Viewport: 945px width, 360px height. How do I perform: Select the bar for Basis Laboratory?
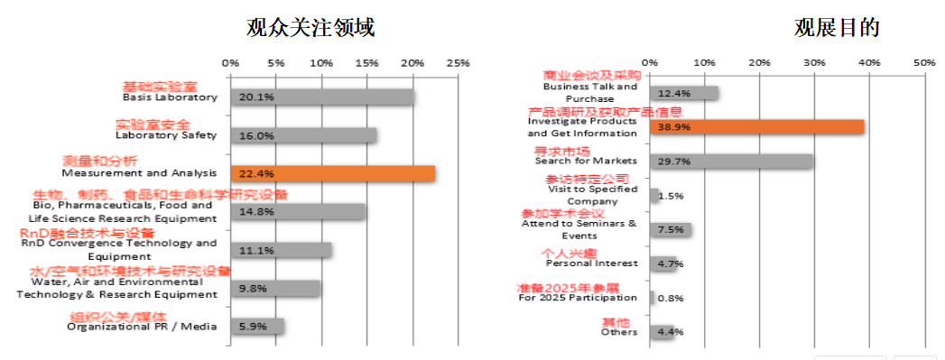(x=322, y=97)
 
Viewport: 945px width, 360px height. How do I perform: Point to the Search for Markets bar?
(x=731, y=162)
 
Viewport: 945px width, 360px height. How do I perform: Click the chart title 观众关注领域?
(x=310, y=28)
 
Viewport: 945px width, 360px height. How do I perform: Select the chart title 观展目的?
(x=837, y=28)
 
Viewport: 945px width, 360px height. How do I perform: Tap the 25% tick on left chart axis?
(x=459, y=64)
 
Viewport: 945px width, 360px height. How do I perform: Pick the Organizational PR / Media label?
(x=142, y=327)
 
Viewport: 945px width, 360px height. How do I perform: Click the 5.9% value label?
(x=253, y=327)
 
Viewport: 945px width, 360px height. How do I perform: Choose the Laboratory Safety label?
(x=166, y=135)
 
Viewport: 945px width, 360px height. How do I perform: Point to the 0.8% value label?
(x=671, y=298)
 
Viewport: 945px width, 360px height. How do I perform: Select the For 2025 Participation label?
(x=578, y=298)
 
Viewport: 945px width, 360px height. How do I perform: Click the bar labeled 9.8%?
(x=275, y=288)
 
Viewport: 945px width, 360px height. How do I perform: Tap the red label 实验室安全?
(x=153, y=124)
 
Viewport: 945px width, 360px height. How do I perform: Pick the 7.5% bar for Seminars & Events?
(x=671, y=230)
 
